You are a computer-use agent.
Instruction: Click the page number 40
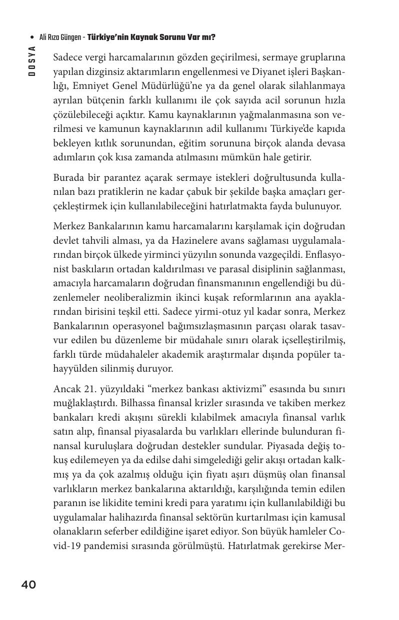pyautogui.click(x=28, y=585)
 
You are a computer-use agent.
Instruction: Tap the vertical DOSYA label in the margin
pyautogui.click(x=32, y=60)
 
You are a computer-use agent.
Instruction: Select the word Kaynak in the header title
pyautogui.click(x=130, y=37)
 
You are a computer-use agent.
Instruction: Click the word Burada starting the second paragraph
pyautogui.click(x=68, y=178)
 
